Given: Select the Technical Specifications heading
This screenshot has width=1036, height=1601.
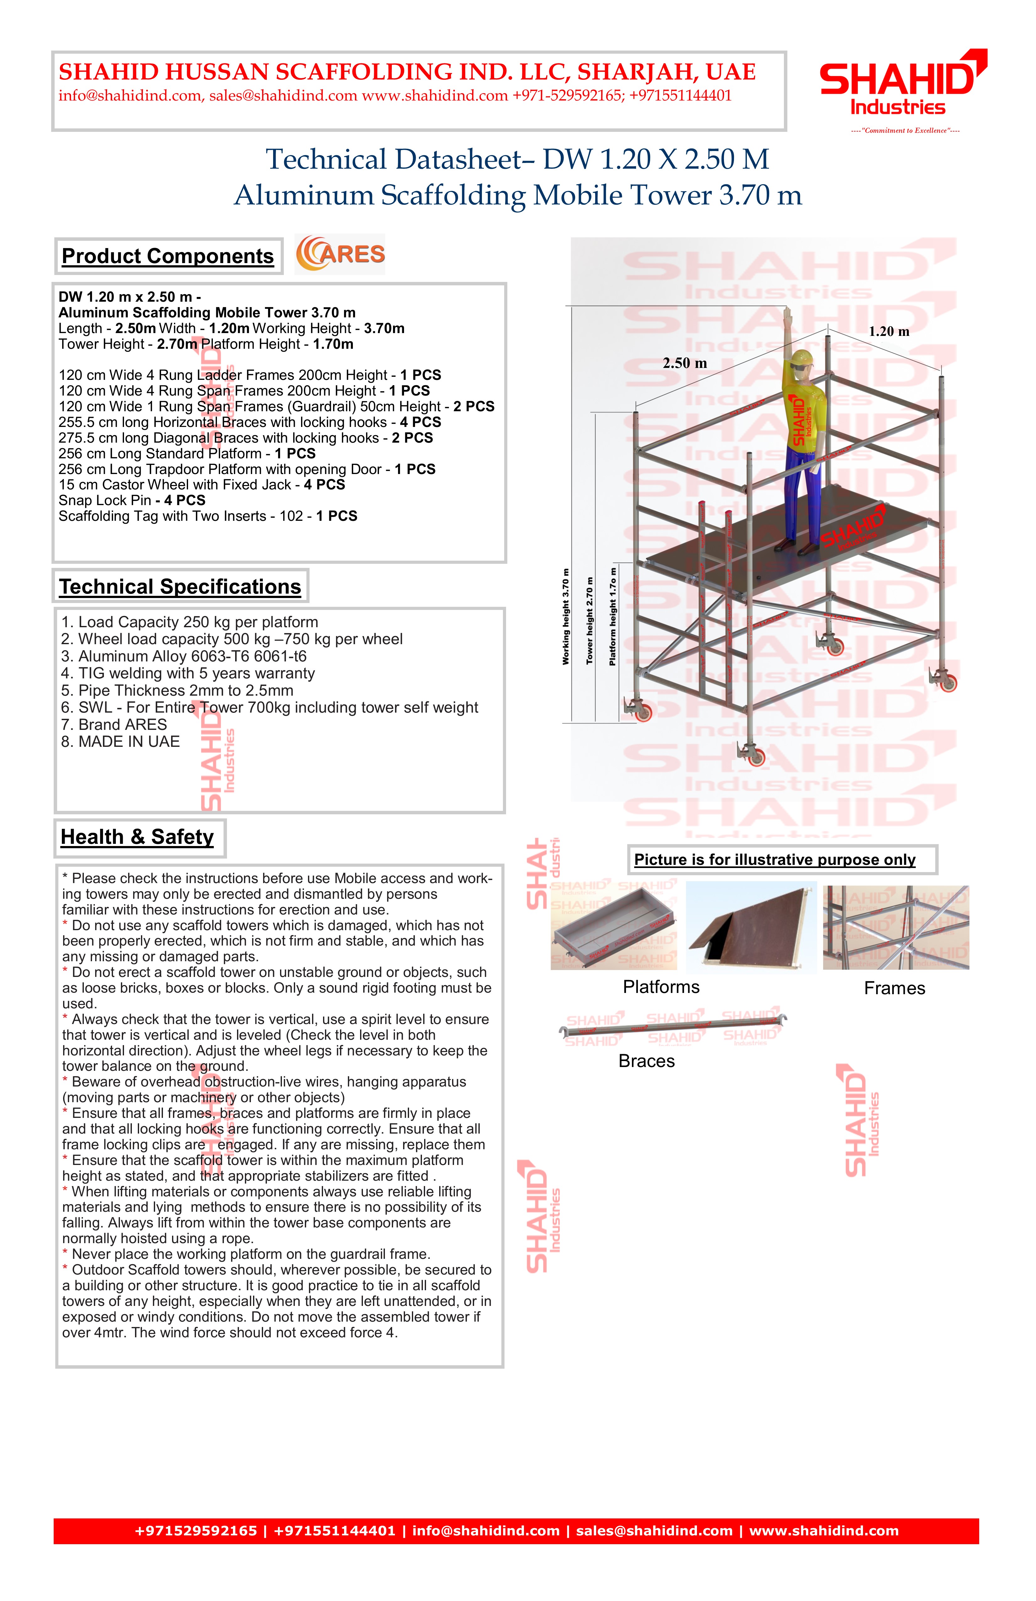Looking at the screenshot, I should [180, 587].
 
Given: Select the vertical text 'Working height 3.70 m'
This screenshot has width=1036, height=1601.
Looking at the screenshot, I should [566, 617].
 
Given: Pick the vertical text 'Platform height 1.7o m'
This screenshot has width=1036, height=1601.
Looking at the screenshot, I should [612, 617].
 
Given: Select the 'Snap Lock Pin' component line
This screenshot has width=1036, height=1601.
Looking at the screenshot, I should [132, 500].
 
